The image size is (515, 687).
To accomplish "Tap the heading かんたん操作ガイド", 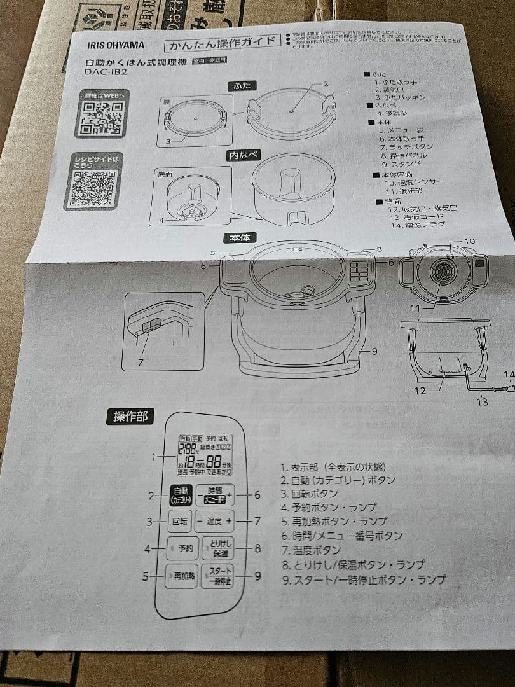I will pos(222,44).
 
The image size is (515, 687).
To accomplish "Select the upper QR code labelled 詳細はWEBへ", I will pos(100,118).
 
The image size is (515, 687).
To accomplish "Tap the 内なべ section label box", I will pos(242,155).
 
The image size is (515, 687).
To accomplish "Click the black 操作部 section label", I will pos(130,417).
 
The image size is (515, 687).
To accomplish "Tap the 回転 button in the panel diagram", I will pos(179,521).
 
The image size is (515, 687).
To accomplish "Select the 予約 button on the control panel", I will pos(183,548).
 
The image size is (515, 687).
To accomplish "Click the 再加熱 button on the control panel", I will pos(182,576).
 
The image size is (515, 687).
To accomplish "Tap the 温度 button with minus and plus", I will pos(214,521).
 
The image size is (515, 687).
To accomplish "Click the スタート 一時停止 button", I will pos(218,576).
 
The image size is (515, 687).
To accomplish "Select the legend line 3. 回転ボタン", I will pos(309,494).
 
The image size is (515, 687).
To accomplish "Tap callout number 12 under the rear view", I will pos(420,391).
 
